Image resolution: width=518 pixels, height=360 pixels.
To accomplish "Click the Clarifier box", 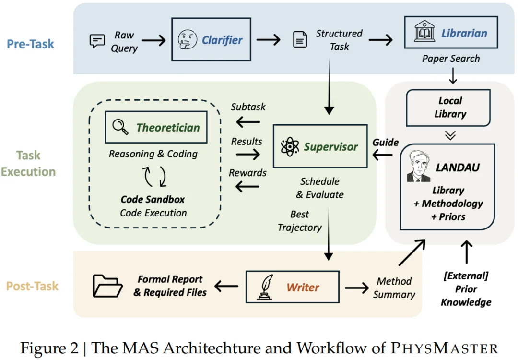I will click(x=211, y=39).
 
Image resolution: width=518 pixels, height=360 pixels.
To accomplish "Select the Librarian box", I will click(x=451, y=33).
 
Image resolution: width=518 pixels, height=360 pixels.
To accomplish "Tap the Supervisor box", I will click(x=320, y=147).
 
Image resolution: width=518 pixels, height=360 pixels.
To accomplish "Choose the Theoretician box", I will click(x=156, y=127).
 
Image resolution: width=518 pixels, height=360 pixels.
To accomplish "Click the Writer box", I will click(x=292, y=287).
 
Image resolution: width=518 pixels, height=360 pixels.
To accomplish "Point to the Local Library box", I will click(x=448, y=108).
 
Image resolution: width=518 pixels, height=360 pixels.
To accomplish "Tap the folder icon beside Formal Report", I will click(x=107, y=286).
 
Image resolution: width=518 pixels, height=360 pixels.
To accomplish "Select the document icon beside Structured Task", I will click(x=300, y=40).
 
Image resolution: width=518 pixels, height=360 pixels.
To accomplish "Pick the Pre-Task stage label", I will click(x=30, y=44).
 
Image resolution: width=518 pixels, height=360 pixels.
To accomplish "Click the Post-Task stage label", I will click(x=32, y=286).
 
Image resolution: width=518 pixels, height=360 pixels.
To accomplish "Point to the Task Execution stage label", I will click(x=28, y=163).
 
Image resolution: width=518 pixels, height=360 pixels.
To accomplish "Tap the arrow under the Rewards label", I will click(x=248, y=187).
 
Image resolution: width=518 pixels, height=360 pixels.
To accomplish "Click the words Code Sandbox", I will click(x=153, y=199).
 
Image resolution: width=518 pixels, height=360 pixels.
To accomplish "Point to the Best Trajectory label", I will click(x=300, y=221).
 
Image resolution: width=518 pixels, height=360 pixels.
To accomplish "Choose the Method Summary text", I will click(x=394, y=288).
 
